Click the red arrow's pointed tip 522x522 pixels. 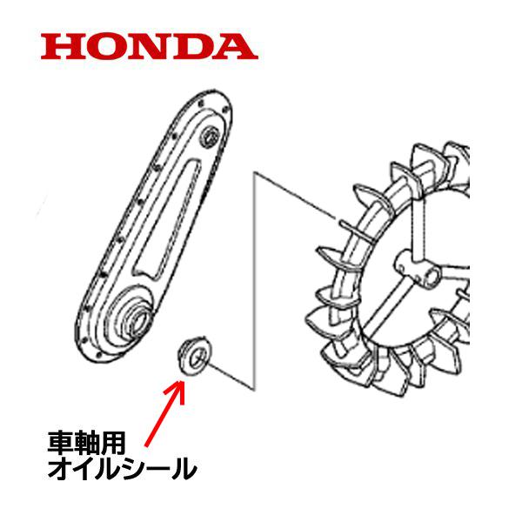(182, 381)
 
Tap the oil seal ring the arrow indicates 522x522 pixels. (194, 356)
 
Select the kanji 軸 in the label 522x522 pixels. (87, 443)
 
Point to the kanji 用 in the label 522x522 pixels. (113, 443)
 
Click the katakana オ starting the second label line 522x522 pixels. (60, 468)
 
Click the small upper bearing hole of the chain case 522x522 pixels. (210, 137)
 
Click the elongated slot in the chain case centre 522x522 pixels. (166, 220)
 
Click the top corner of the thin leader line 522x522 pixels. (254, 172)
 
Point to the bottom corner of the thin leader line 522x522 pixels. (254, 389)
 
